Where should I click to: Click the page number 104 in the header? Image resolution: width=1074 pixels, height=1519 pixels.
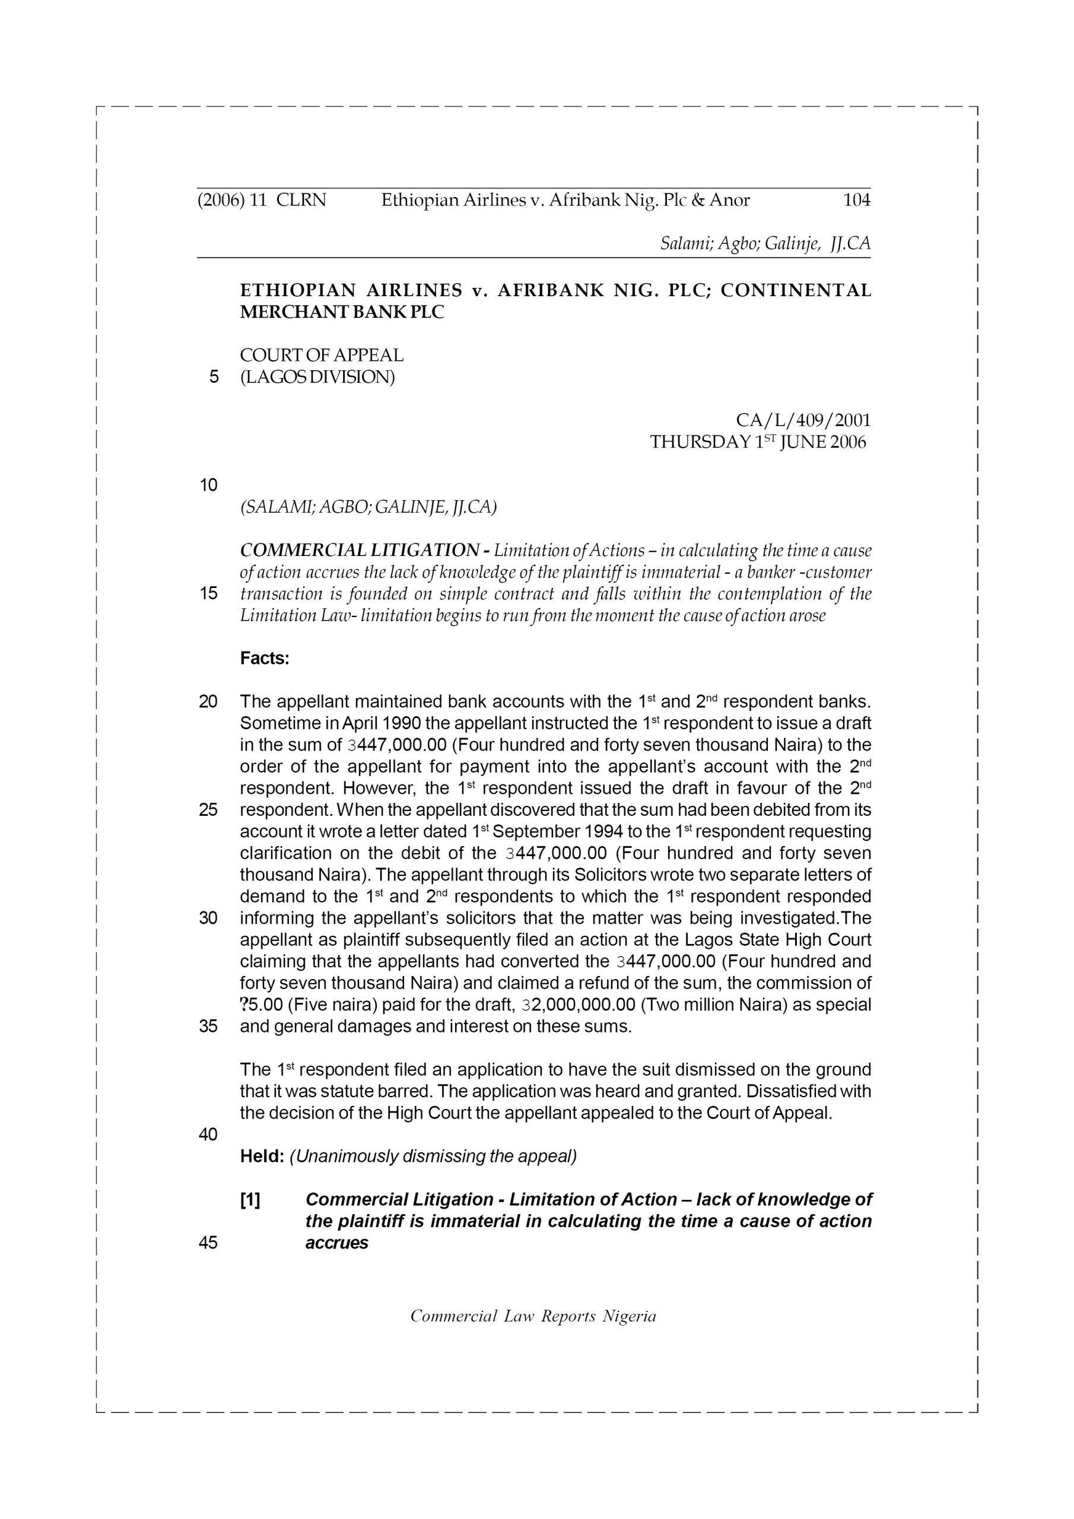pos(856,200)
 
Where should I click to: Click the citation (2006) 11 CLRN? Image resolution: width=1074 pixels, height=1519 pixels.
pos(262,200)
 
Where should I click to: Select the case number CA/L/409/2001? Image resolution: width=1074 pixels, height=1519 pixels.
pos(803,420)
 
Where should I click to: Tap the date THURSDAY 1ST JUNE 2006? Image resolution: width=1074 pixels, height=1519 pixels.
pos(758,442)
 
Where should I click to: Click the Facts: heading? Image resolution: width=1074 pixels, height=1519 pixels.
pos(265,659)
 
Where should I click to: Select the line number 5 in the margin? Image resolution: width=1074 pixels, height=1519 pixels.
pos(213,377)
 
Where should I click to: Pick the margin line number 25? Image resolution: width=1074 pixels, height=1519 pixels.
pos(208,810)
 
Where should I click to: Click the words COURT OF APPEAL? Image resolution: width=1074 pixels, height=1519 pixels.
pos(322,355)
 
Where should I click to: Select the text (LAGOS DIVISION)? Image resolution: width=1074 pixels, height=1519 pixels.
pos(317,377)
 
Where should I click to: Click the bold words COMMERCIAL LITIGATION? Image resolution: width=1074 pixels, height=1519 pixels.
pos(360,551)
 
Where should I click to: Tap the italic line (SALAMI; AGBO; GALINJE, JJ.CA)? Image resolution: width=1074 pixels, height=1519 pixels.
pos(368,507)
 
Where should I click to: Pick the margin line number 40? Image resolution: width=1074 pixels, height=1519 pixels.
pos(208,1135)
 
